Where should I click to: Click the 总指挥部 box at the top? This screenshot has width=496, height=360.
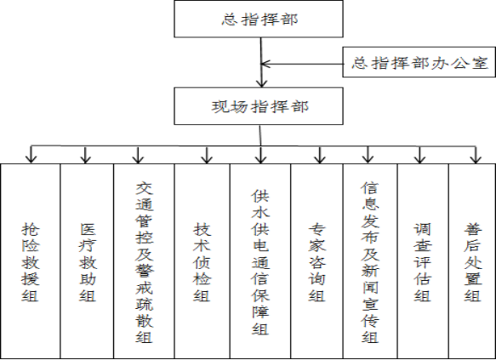click(x=259, y=19)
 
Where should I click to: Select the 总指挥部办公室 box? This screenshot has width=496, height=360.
click(x=419, y=62)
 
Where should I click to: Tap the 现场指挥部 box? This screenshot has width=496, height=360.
click(x=259, y=106)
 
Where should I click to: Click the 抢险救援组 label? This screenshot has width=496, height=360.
click(x=31, y=262)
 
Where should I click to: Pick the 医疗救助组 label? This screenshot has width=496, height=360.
click(x=88, y=262)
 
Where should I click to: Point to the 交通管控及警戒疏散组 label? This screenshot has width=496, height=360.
click(x=145, y=262)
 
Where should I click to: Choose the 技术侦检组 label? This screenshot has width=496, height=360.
click(x=202, y=262)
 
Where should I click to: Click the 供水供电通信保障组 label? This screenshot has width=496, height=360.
click(x=260, y=262)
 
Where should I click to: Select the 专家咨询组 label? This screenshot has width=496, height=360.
click(x=317, y=262)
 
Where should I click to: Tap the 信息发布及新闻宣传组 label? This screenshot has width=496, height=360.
click(x=370, y=262)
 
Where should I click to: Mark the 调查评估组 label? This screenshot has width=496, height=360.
click(x=422, y=262)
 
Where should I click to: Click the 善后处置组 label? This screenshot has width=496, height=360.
click(x=473, y=262)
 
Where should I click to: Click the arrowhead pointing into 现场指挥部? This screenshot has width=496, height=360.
click(x=261, y=83)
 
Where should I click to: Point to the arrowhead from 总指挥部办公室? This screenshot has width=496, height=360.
click(x=265, y=64)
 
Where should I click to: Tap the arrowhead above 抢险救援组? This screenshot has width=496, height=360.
click(x=31, y=159)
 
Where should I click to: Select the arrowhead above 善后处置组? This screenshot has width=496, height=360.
click(x=476, y=159)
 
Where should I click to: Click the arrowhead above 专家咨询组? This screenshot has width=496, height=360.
click(x=320, y=159)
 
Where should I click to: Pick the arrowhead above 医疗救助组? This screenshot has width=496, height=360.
click(x=85, y=159)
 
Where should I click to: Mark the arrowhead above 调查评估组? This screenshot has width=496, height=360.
click(x=419, y=159)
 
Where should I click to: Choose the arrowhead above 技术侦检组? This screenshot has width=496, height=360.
click(x=207, y=159)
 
